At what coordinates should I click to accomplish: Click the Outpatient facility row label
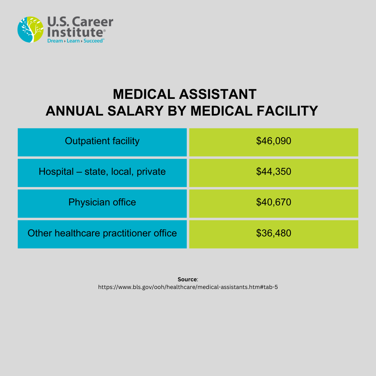102,141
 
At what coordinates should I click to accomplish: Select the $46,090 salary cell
273,141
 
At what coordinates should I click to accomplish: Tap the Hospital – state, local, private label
102,172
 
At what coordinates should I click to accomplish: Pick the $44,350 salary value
273,172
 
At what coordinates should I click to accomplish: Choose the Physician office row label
102,202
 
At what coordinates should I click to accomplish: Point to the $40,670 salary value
273,202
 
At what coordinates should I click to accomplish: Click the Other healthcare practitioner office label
102,233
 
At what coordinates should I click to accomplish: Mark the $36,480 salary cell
273,233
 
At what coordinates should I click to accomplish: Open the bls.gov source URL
188,288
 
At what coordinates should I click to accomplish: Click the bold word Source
187,280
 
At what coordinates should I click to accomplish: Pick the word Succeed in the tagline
93,41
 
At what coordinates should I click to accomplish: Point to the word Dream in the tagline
55,41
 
